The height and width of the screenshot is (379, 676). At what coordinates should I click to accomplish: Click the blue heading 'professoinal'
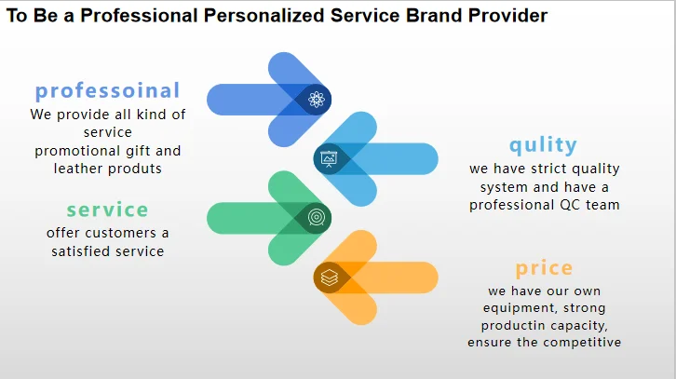[107, 91]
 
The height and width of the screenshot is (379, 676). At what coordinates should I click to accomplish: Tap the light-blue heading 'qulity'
[543, 145]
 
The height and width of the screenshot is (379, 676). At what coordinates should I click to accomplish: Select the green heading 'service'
[107, 210]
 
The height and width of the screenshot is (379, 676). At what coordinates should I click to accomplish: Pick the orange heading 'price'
[544, 268]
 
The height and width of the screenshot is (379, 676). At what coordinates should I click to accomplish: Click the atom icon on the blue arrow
[317, 100]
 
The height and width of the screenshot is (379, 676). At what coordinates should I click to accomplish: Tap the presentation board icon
[329, 158]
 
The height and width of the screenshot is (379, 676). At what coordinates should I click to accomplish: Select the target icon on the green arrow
[317, 218]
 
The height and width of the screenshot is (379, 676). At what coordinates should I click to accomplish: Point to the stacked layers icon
[330, 277]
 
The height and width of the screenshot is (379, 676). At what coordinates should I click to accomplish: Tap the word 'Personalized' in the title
[264, 16]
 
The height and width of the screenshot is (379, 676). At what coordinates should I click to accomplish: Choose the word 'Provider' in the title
[507, 16]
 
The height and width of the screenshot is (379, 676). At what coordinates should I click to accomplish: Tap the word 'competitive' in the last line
[583, 343]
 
